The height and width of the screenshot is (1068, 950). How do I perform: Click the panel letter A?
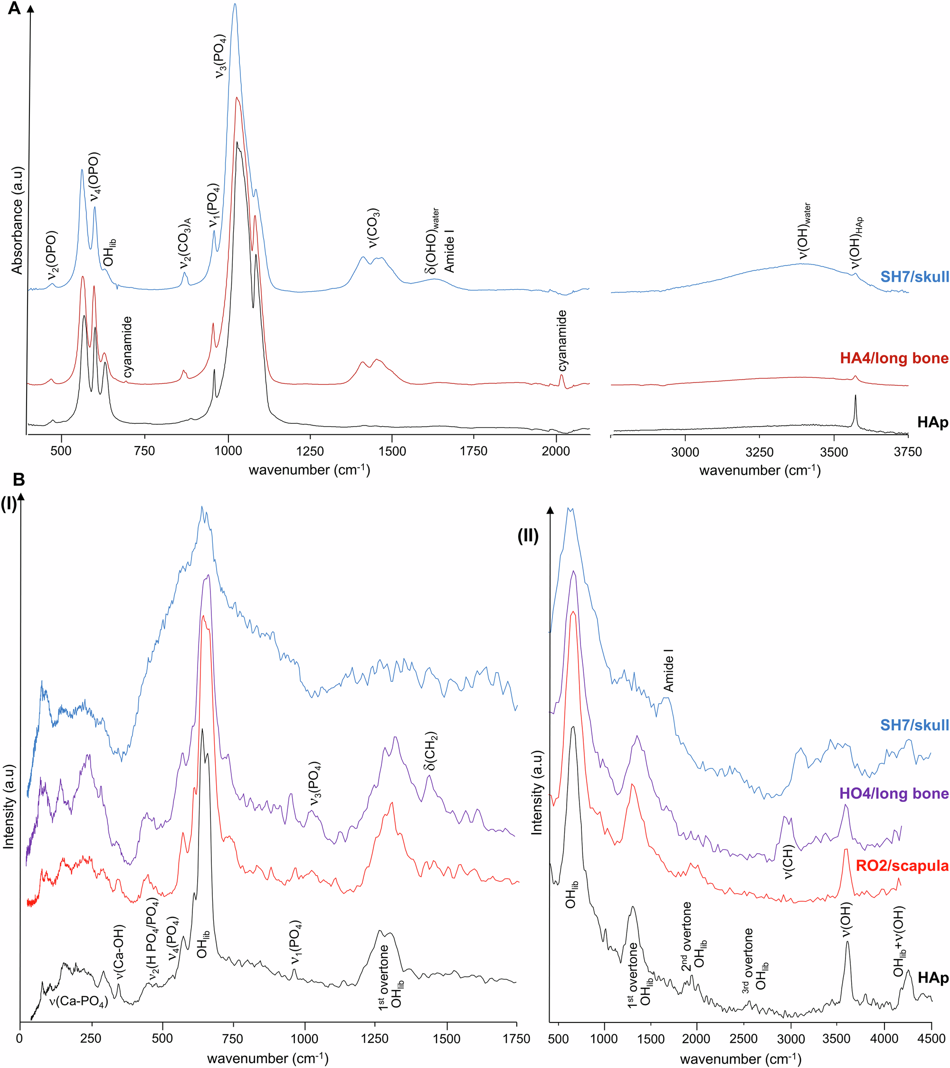(x=14, y=9)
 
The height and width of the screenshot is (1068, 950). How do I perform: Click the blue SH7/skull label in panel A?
(x=914, y=277)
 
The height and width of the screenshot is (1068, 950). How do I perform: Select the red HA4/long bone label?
(x=894, y=358)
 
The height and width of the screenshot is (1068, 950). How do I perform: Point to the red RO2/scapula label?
(x=902, y=866)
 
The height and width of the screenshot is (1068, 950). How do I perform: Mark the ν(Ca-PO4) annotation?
(x=78, y=1001)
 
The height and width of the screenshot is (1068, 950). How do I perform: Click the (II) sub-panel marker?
(x=528, y=536)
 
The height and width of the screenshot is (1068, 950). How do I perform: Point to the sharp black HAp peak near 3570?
(x=855, y=397)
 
